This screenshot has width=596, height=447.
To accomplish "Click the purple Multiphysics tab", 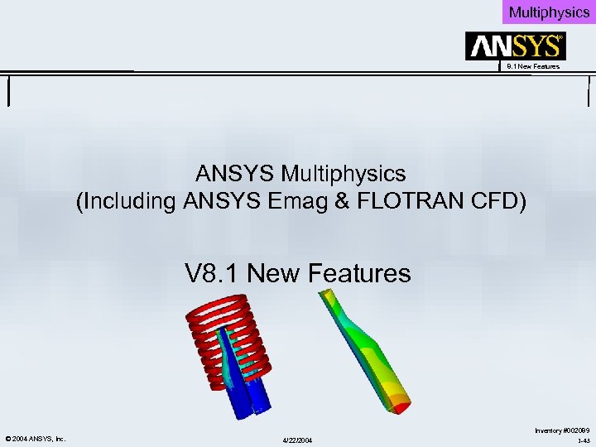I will tap(549, 12).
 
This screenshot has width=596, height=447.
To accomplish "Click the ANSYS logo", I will tap(515, 46).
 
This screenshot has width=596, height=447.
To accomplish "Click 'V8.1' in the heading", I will tap(213, 272).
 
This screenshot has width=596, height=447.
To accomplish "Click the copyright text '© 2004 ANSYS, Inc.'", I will tap(36, 438).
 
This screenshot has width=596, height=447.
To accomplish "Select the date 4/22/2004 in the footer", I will tap(297, 439).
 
